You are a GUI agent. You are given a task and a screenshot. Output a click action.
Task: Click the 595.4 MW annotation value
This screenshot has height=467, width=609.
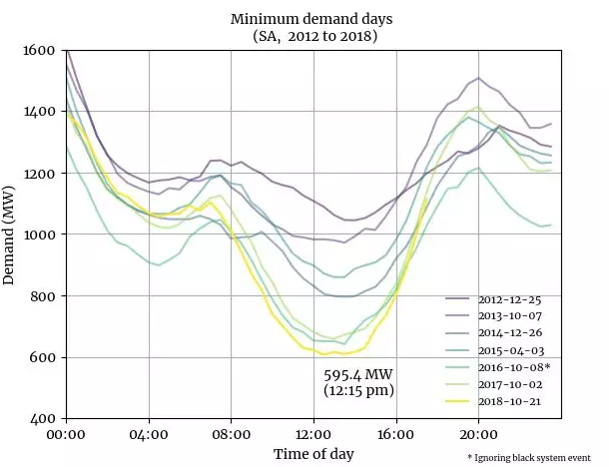tap(358, 374)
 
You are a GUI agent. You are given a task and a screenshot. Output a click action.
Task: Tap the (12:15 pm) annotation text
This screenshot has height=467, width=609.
tap(358, 390)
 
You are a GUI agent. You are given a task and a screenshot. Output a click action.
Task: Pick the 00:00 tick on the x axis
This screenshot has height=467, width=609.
tap(66, 435)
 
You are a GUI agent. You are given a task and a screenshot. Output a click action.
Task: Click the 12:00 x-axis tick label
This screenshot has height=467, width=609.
tap(313, 435)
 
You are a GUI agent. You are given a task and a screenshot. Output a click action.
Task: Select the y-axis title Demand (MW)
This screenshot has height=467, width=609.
tap(12, 234)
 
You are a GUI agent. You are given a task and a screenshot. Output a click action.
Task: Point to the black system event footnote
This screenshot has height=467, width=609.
tap(535, 456)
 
